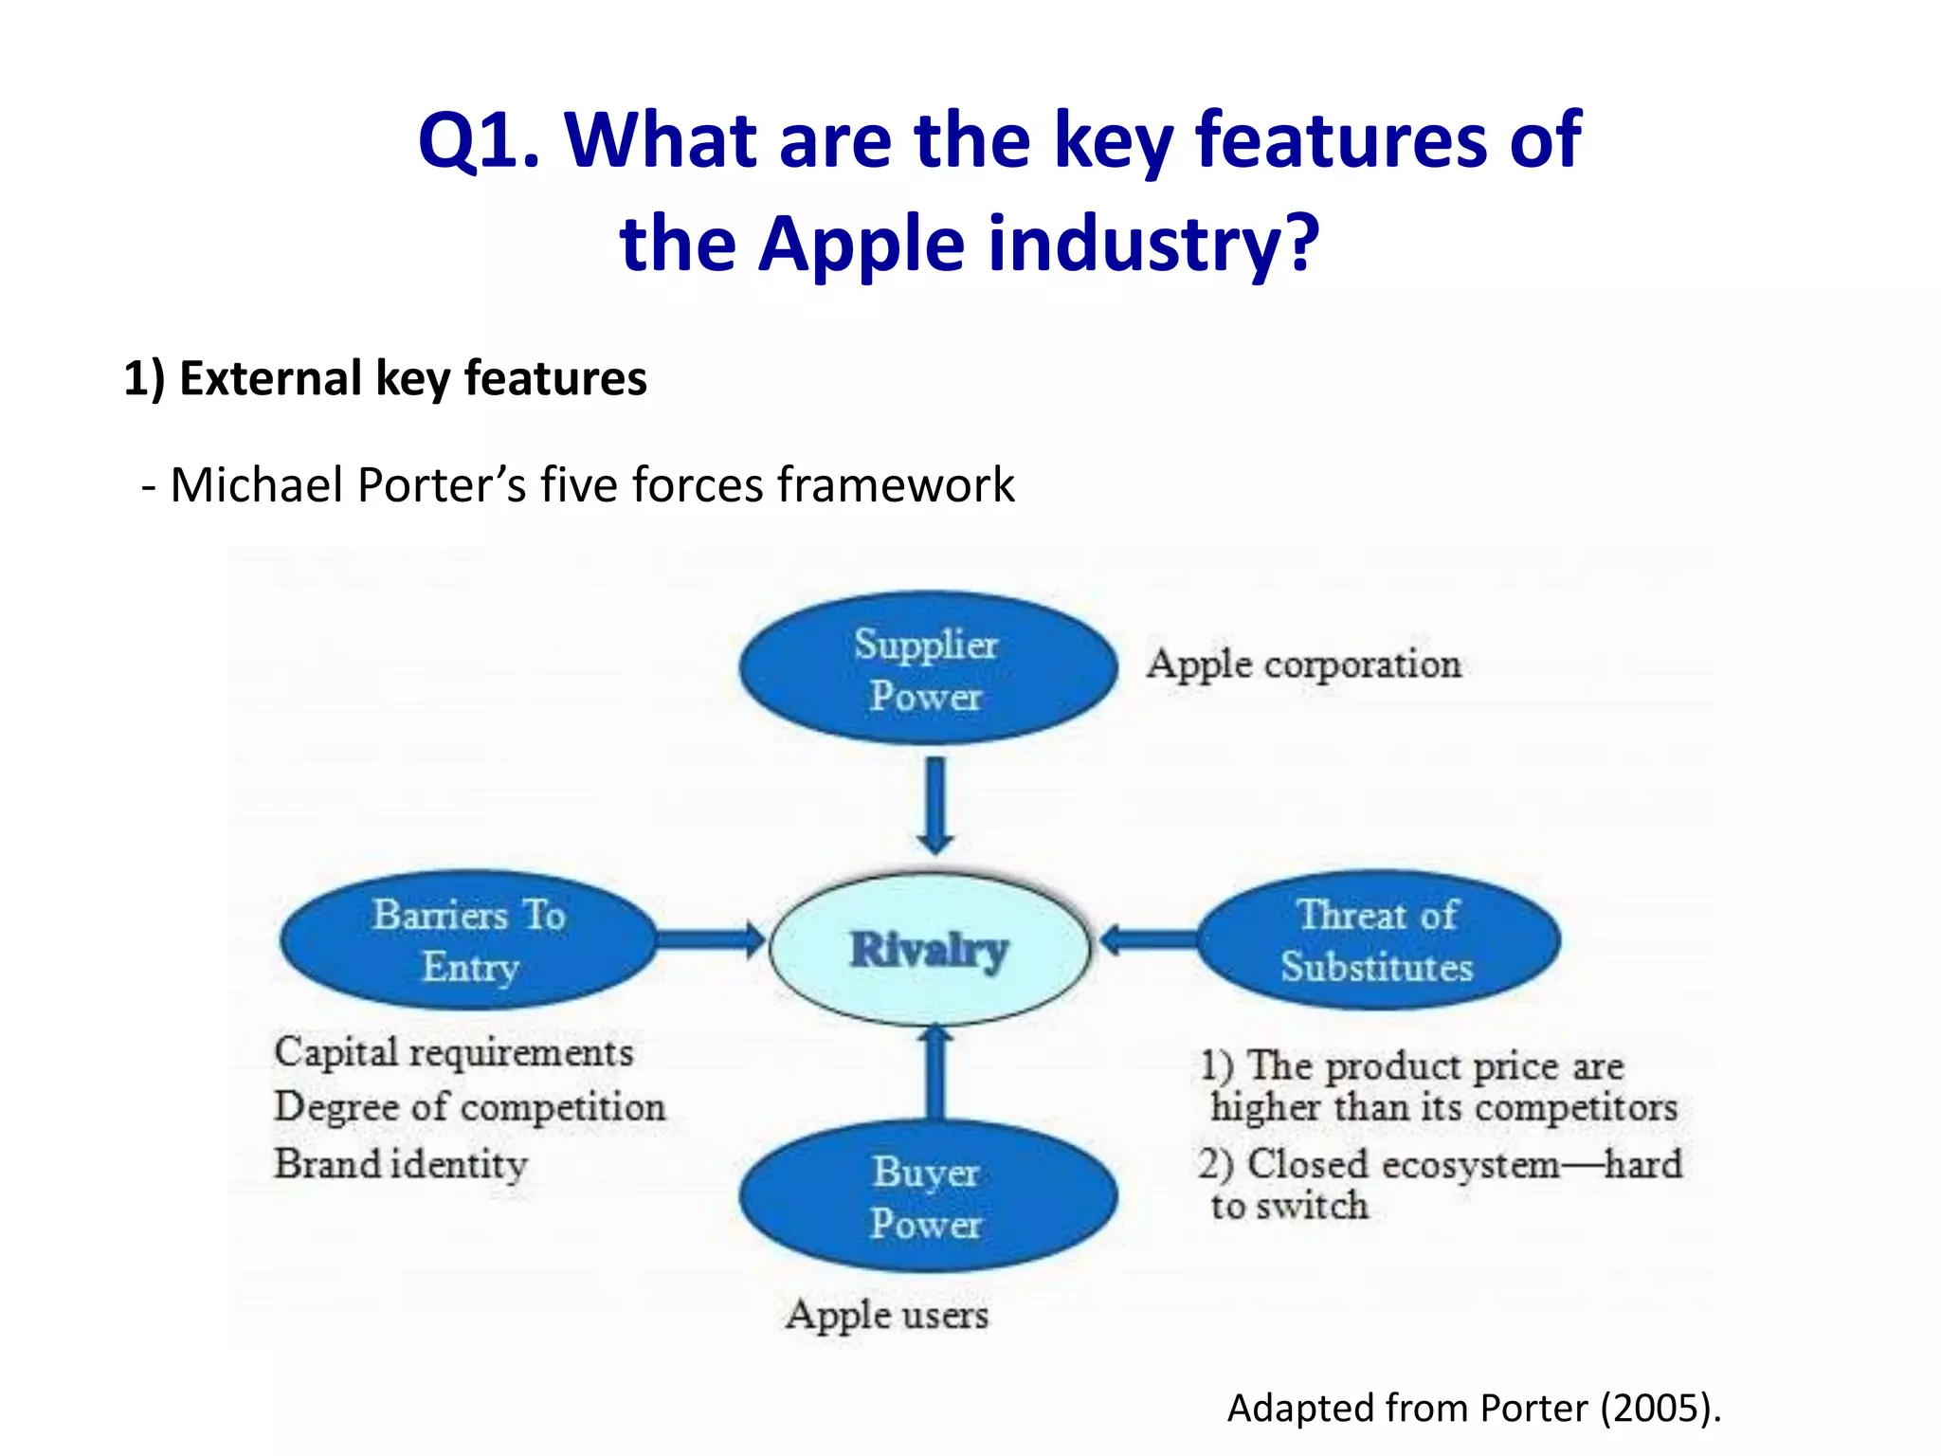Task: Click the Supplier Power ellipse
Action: tap(927, 669)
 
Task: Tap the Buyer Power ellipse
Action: tap(927, 1196)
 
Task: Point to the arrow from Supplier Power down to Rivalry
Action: tap(934, 804)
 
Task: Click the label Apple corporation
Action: tap(1303, 664)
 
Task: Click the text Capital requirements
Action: tap(453, 1052)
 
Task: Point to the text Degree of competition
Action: tap(469, 1107)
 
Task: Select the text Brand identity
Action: tap(400, 1164)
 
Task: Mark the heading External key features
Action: tap(385, 378)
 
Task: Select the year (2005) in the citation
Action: tap(1659, 1408)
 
